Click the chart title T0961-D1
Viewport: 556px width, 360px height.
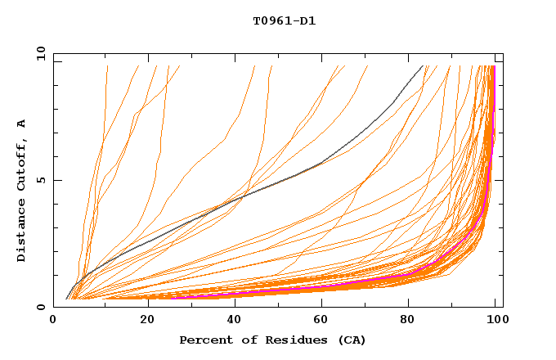(x=284, y=21)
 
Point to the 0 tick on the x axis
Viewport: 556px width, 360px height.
(x=54, y=320)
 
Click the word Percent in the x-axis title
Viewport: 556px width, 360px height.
(x=203, y=340)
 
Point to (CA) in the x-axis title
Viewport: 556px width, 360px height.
(x=351, y=340)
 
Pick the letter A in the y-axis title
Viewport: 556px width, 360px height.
(x=21, y=123)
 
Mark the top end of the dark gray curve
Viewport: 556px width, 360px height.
(x=423, y=65)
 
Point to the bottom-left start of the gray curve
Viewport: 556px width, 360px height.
(x=66, y=299)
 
